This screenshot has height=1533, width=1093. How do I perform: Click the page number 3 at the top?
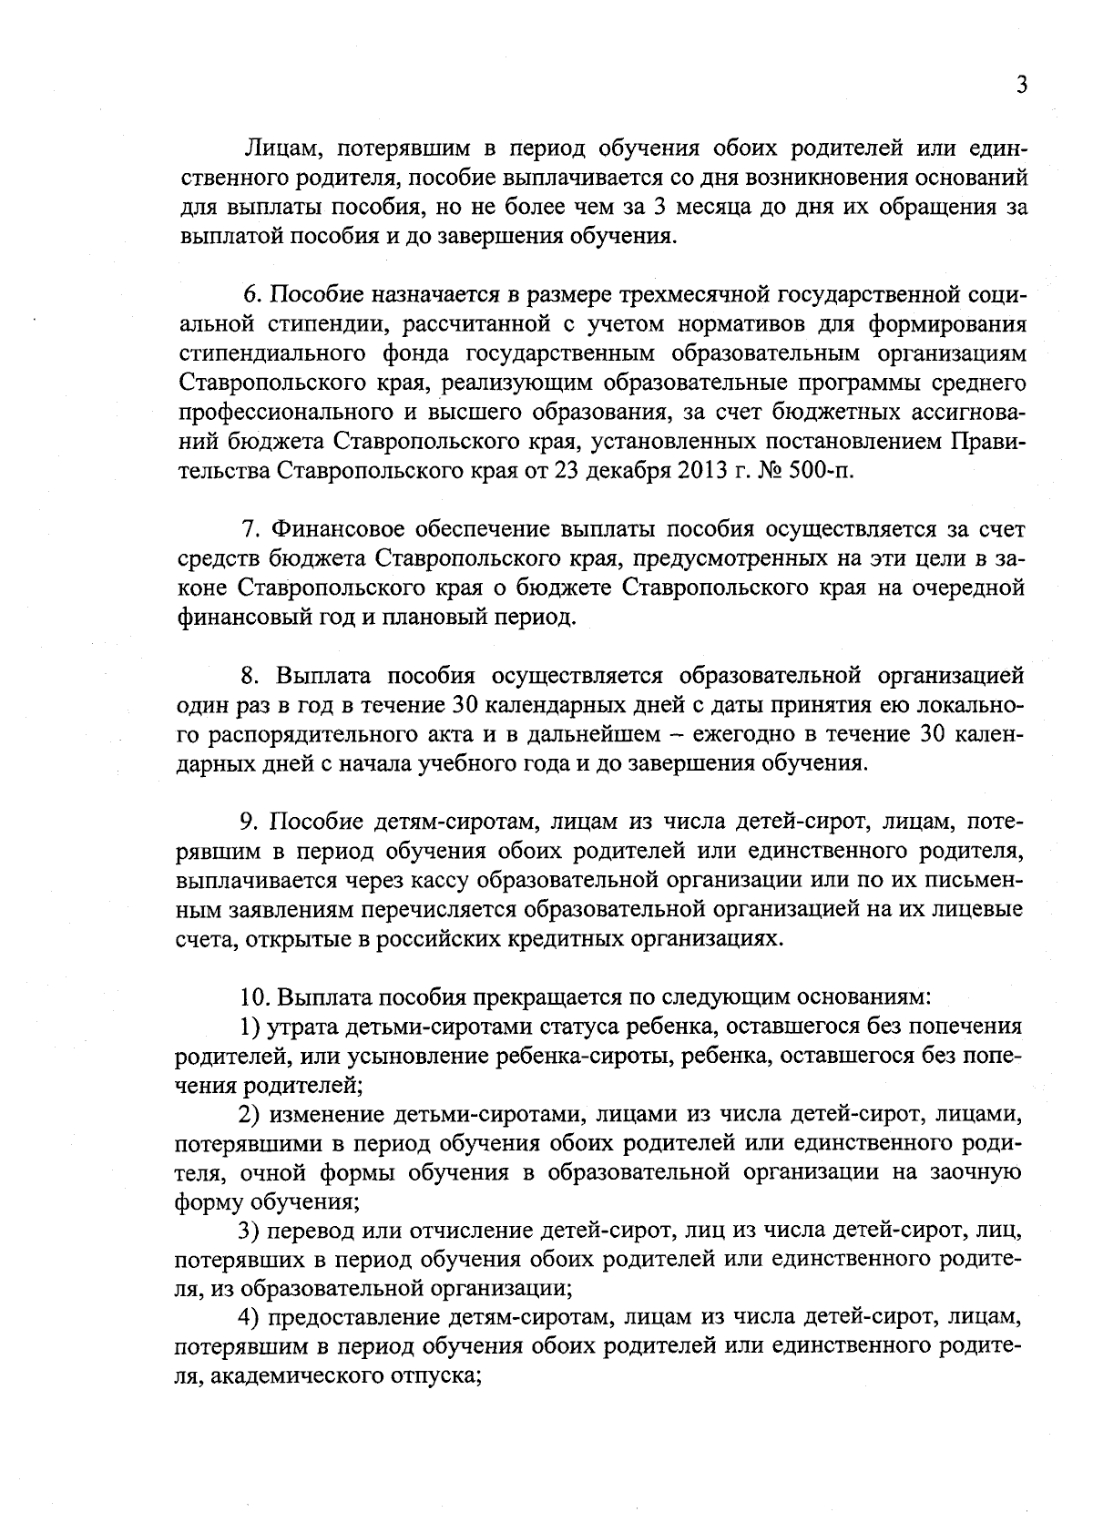(1021, 85)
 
